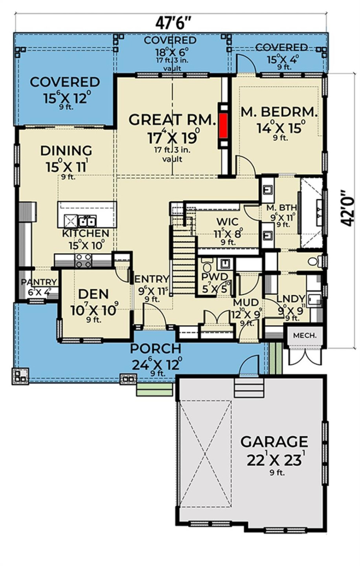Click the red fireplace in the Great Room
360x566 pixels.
(224, 126)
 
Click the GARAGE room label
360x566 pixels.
(274, 442)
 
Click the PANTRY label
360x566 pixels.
(39, 282)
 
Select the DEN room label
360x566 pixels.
(93, 294)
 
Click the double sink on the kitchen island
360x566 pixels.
(87, 222)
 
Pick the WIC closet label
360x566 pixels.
(225, 222)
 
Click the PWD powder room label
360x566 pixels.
(214, 277)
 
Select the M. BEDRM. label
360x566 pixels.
(279, 112)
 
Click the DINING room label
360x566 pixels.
(66, 151)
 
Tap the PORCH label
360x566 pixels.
(156, 348)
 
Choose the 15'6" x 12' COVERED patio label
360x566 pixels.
(65, 83)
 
